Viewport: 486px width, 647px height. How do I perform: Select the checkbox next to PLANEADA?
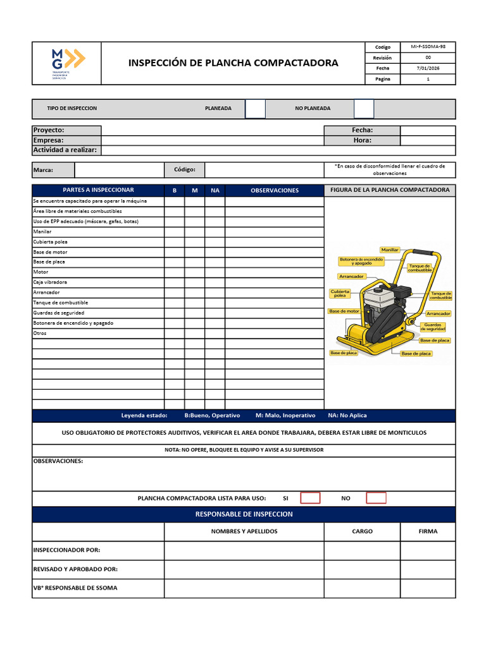click(255, 109)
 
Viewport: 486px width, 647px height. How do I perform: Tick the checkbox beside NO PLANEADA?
click(364, 109)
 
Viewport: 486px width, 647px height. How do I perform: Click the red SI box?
click(310, 498)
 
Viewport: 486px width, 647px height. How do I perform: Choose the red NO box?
click(376, 498)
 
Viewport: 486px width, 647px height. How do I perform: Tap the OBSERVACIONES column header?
click(274, 190)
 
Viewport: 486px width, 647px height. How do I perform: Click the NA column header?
click(215, 190)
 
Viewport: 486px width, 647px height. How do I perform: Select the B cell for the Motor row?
click(175, 272)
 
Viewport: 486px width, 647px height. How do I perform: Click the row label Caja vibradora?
click(50, 282)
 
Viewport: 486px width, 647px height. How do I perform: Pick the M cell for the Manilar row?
click(195, 232)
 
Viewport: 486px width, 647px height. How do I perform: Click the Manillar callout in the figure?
click(390, 250)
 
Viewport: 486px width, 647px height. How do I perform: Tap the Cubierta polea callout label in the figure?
click(340, 293)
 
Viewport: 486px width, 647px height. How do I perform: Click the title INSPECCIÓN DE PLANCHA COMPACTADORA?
click(233, 63)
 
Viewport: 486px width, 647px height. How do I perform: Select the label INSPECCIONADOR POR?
click(66, 550)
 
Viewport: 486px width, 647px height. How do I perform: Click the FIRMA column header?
click(428, 531)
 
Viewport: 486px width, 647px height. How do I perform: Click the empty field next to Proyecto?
click(213, 130)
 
